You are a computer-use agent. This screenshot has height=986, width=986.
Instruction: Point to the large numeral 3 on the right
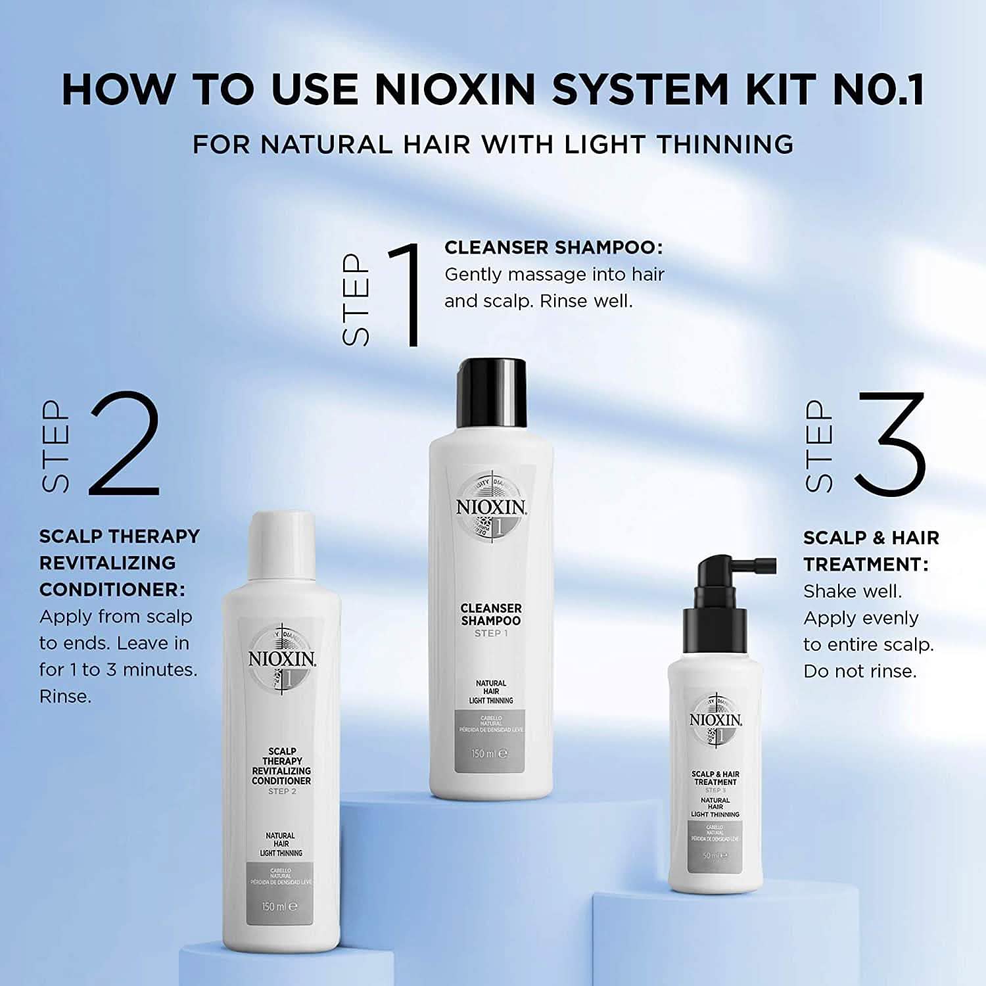891,444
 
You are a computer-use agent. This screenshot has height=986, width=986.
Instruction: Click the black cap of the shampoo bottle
492,392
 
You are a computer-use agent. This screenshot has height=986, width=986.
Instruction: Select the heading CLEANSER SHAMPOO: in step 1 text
553,248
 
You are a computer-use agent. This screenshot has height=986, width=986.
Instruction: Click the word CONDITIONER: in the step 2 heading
112,590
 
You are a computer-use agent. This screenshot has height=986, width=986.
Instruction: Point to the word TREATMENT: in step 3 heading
866,564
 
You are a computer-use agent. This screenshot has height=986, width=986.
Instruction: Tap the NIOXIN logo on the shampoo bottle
492,507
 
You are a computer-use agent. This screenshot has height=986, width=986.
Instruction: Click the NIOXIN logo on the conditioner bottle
281,659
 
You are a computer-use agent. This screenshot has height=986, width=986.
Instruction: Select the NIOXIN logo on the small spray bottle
715,720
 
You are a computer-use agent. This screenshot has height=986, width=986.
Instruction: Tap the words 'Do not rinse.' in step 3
859,671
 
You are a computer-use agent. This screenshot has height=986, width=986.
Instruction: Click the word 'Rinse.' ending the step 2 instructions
65,696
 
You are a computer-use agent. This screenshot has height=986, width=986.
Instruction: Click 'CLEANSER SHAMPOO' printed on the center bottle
491,615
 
